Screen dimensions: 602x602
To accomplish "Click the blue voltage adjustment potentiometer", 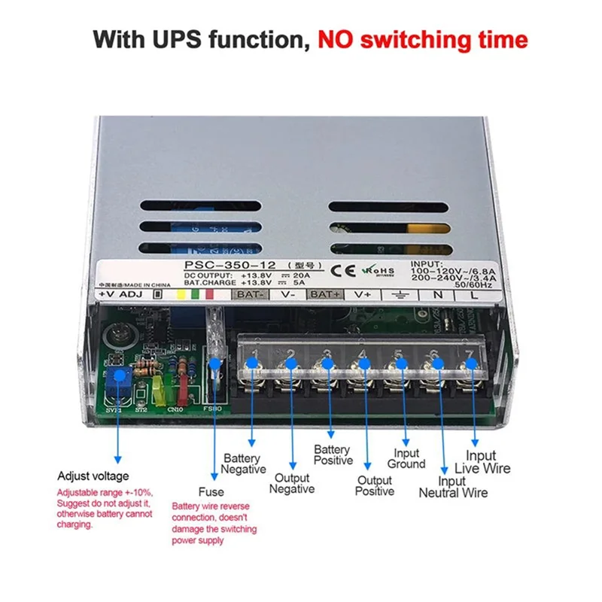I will tap(117, 377).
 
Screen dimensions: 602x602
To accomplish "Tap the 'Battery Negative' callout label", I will tap(243, 464).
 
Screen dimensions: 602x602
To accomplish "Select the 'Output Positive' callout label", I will tap(375, 485).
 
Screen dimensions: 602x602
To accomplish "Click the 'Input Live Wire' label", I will tap(488, 461).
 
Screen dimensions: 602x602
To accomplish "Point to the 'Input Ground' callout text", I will tap(406, 458).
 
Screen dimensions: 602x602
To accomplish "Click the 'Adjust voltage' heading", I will tap(93, 476).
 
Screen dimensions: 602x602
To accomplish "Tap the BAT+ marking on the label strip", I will tap(325, 294).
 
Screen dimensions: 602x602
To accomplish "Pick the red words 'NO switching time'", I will tap(422, 39).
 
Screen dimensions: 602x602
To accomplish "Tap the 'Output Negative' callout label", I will tap(292, 483).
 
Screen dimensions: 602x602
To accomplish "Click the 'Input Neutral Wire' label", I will tap(452, 487).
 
